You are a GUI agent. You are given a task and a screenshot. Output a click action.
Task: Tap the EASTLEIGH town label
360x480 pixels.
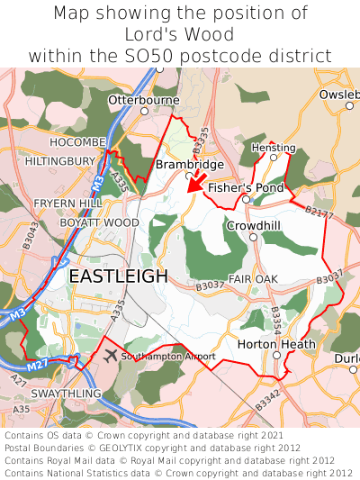pyautogui.click(x=118, y=276)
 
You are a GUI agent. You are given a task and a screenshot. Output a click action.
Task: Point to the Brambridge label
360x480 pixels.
pyautogui.click(x=189, y=165)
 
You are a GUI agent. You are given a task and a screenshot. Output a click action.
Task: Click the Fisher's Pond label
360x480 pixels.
pyautogui.click(x=246, y=188)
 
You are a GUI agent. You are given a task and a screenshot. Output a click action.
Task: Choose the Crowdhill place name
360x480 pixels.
pyautogui.click(x=254, y=225)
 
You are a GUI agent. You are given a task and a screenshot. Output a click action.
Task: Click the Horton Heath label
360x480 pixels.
pyautogui.click(x=276, y=344)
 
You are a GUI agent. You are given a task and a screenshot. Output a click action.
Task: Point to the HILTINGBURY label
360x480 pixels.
pyautogui.click(x=60, y=161)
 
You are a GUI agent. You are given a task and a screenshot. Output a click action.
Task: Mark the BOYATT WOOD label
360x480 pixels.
pyautogui.click(x=99, y=222)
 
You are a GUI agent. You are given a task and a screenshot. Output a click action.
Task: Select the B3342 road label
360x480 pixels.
pyautogui.click(x=267, y=402)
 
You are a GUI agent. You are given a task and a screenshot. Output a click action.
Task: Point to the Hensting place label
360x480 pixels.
pyautogui.click(x=274, y=147)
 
